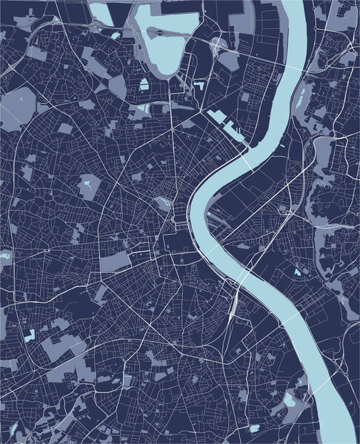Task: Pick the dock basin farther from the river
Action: pos(216,116)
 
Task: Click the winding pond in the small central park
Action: pos(161,201)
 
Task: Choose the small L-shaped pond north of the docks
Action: pos(199,86)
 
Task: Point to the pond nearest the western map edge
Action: pos(6,256)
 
